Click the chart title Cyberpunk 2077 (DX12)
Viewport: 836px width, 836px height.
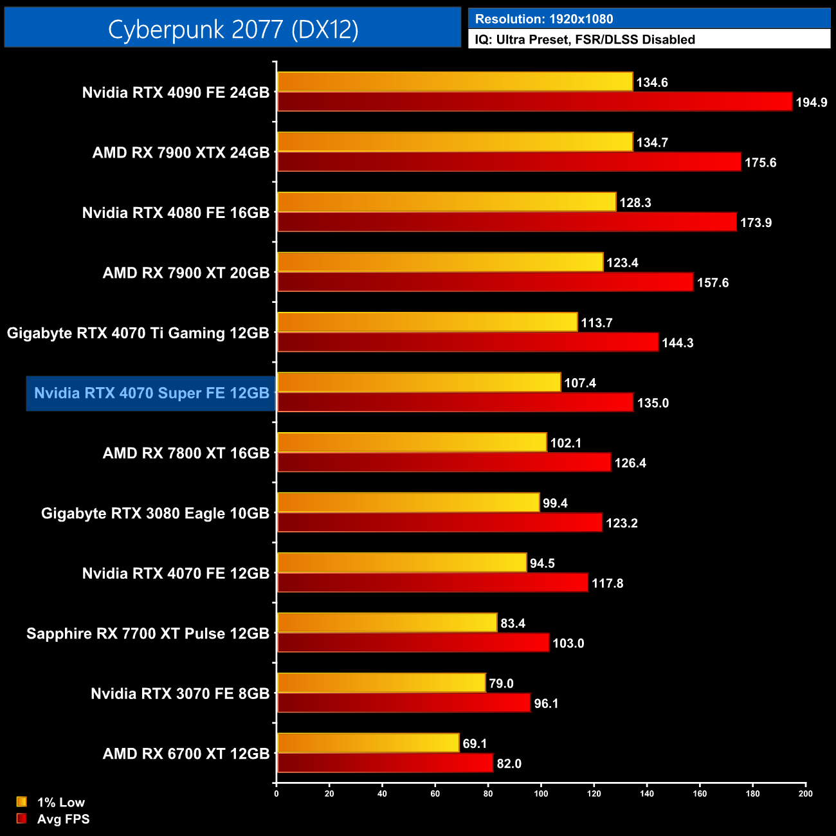(233, 29)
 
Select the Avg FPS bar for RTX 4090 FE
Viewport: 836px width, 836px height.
(534, 102)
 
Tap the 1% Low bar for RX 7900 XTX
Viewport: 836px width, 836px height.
(455, 142)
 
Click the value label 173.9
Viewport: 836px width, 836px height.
(756, 223)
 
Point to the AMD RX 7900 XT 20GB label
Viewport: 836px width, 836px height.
(186, 273)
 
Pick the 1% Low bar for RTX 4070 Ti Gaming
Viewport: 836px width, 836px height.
(427, 322)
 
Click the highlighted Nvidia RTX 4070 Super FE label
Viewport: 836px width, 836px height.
(151, 393)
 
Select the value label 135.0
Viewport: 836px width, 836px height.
(653, 403)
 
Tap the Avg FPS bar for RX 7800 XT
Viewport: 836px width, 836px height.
(444, 462)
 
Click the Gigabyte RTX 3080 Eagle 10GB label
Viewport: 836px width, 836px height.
(155, 513)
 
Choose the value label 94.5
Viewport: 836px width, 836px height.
(542, 563)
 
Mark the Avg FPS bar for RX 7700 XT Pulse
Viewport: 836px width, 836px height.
(413, 642)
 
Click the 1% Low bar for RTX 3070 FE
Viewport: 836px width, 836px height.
(381, 683)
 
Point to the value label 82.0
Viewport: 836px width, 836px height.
(509, 763)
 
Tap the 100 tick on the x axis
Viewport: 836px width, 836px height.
(541, 794)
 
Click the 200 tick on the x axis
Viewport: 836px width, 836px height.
(805, 794)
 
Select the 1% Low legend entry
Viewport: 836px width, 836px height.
(60, 802)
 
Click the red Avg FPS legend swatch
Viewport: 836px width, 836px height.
(22, 819)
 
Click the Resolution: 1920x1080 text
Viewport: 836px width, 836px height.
(543, 19)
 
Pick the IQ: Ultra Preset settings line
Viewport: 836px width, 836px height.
(585, 39)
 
